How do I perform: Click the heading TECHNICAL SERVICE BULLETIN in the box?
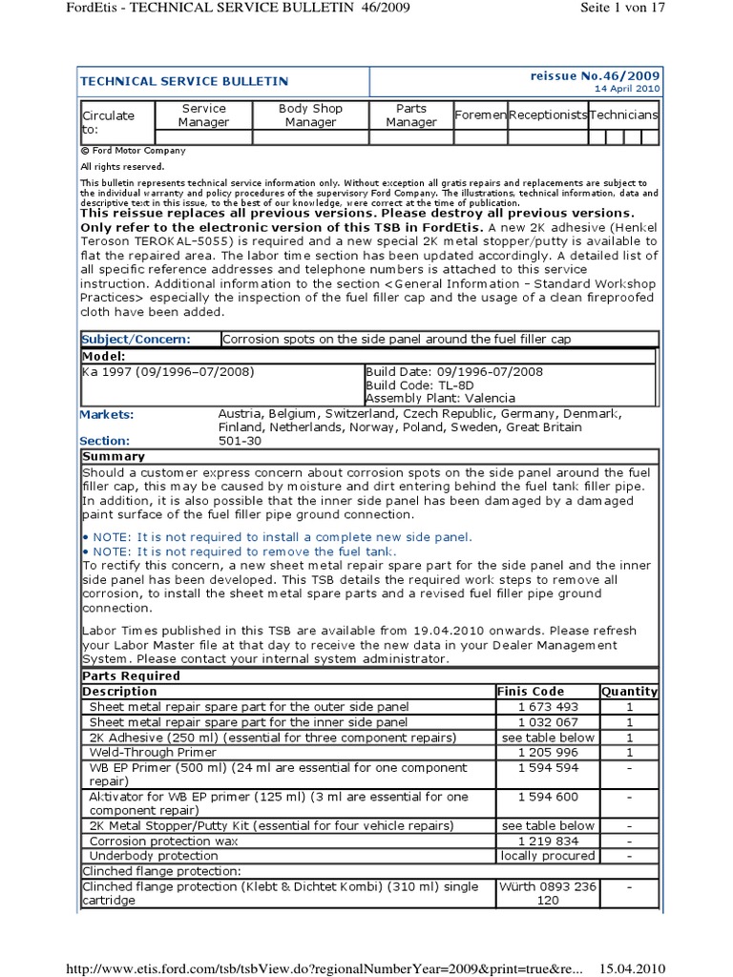pyautogui.click(x=184, y=82)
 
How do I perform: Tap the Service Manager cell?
pyautogui.click(x=204, y=115)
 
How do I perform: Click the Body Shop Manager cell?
pyautogui.click(x=310, y=115)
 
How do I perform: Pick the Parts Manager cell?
pyautogui.click(x=411, y=115)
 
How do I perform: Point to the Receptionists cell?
pyautogui.click(x=548, y=115)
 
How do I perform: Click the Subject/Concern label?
pyautogui.click(x=136, y=339)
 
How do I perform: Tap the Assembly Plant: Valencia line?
pyautogui.click(x=440, y=398)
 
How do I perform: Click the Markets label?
pyautogui.click(x=107, y=414)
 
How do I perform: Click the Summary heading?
pyautogui.click(x=114, y=457)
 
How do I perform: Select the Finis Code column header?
pyautogui.click(x=531, y=691)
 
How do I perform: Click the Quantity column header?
pyautogui.click(x=629, y=691)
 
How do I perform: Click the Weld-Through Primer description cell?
pyautogui.click(x=150, y=753)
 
